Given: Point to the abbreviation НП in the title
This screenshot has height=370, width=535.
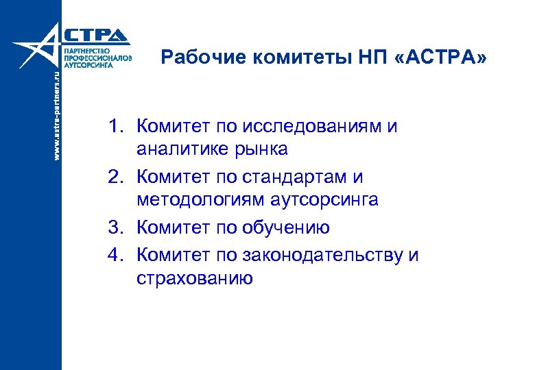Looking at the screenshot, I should pyautogui.click(x=372, y=58).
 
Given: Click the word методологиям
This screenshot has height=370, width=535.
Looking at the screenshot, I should pyautogui.click(x=198, y=199).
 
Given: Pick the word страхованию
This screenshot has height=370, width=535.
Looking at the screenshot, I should pyautogui.click(x=195, y=278).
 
